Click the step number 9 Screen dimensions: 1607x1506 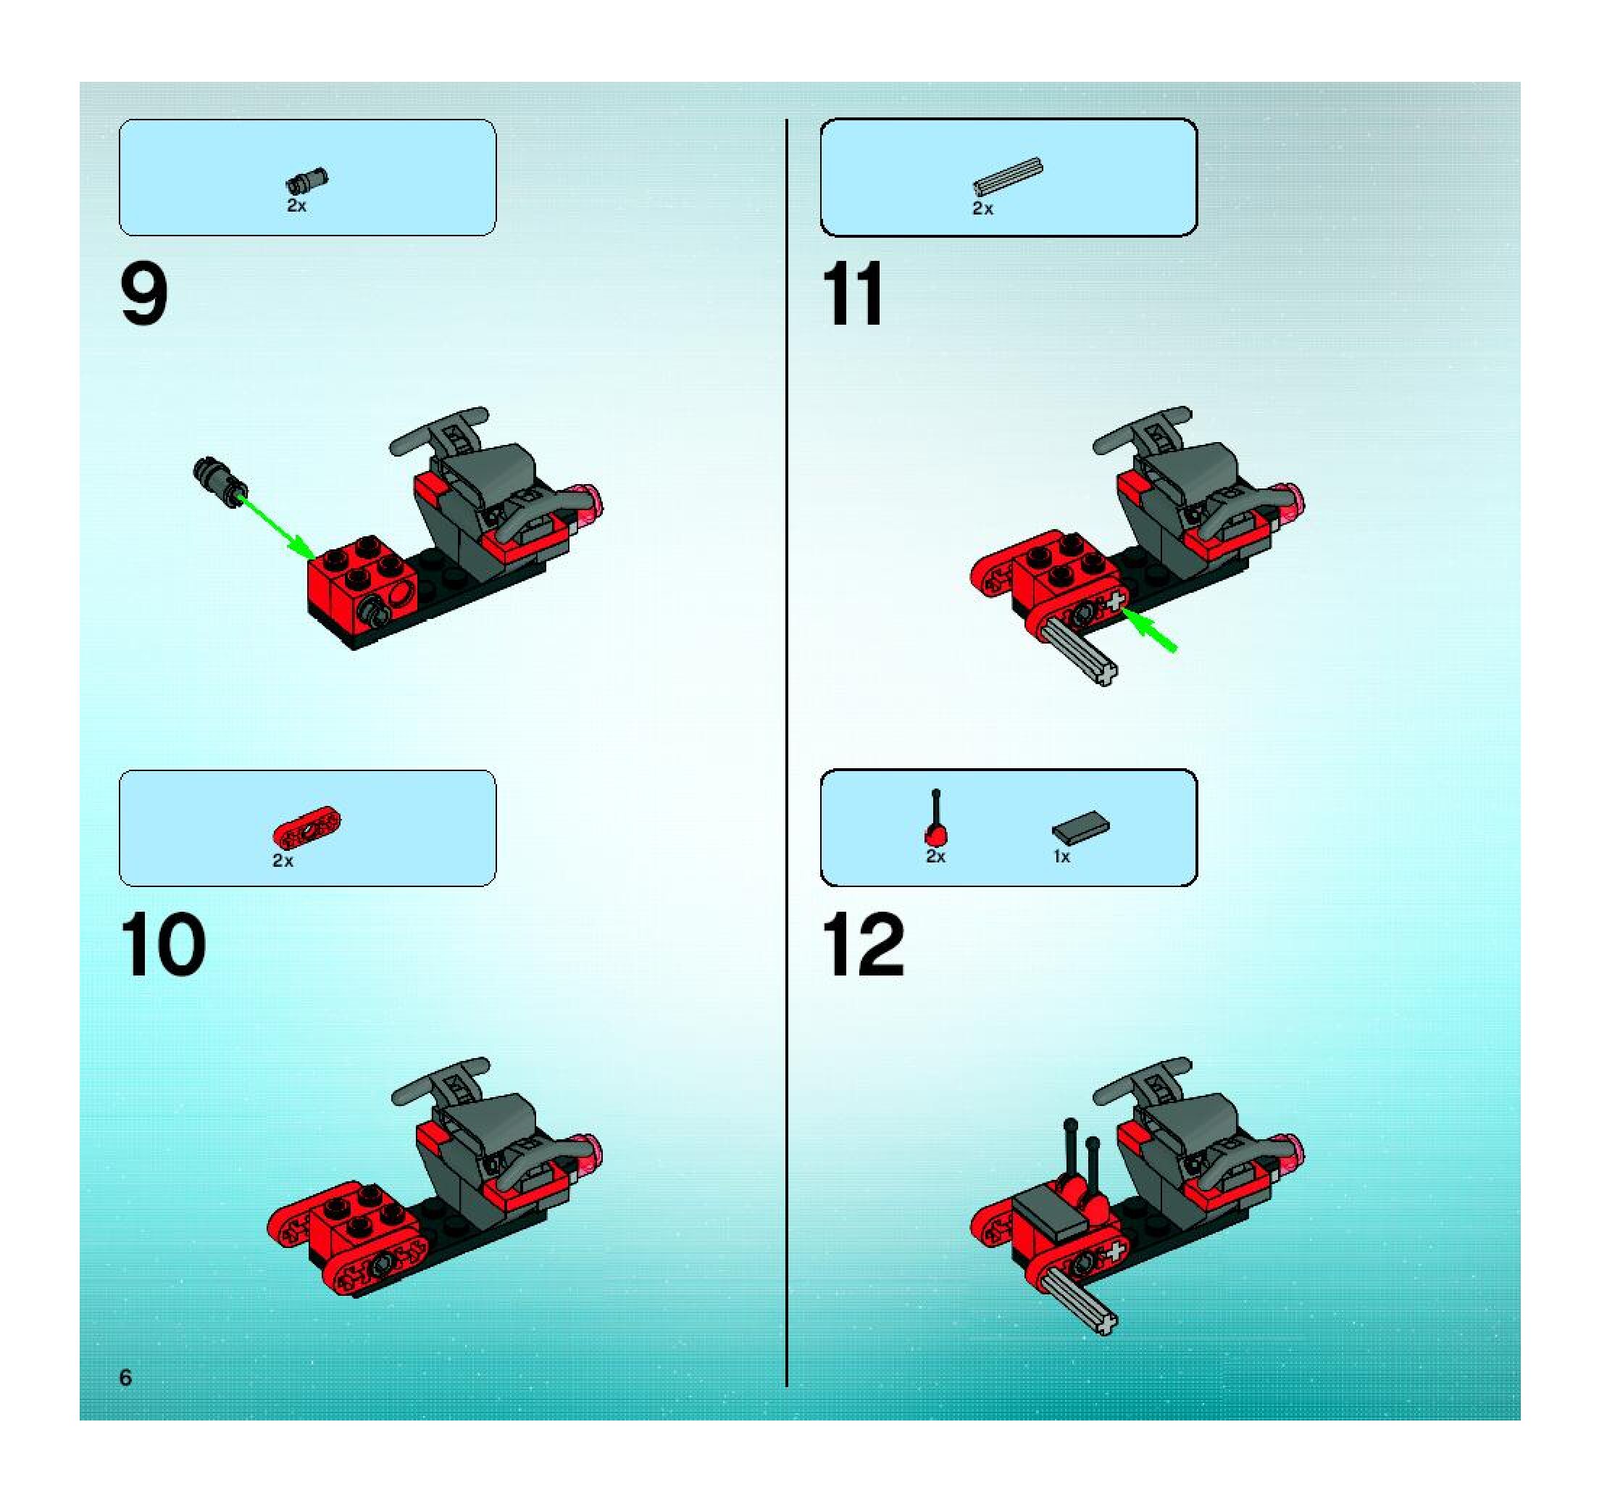coord(144,296)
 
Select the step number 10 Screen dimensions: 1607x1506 coord(163,946)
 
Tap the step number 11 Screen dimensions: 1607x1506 coord(853,295)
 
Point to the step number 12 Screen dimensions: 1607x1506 coord(864,946)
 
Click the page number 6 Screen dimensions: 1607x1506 coord(125,1378)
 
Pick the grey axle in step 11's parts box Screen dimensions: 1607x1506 coord(1008,177)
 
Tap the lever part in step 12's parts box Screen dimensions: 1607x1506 coord(936,818)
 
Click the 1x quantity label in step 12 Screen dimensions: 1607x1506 coord(1061,857)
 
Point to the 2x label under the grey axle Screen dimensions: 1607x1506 coord(982,209)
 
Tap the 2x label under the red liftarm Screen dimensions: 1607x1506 coord(283,861)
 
